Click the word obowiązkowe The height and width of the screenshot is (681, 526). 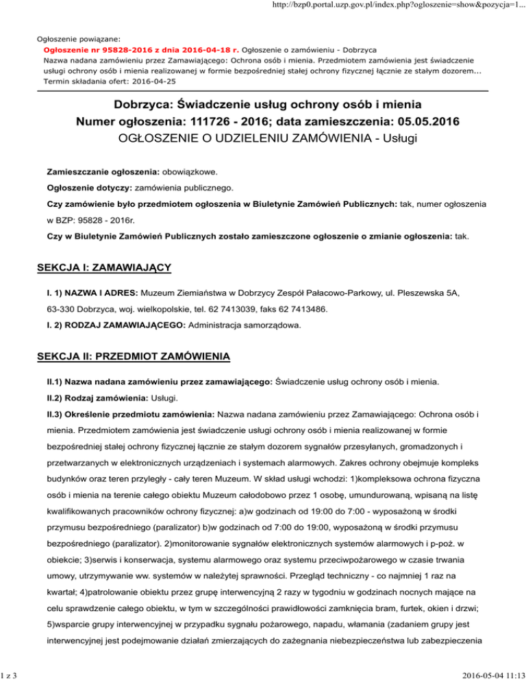169,168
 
